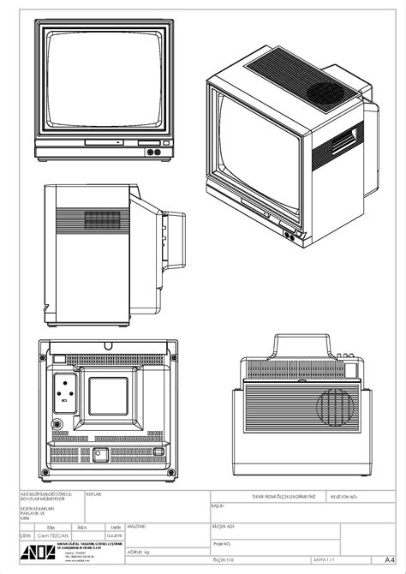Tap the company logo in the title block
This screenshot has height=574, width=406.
click(36, 552)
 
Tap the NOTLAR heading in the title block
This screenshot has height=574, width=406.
click(94, 494)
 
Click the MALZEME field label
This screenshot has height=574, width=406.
click(139, 525)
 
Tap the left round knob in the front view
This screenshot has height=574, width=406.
click(151, 152)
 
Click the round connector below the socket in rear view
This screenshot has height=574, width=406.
click(57, 424)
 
